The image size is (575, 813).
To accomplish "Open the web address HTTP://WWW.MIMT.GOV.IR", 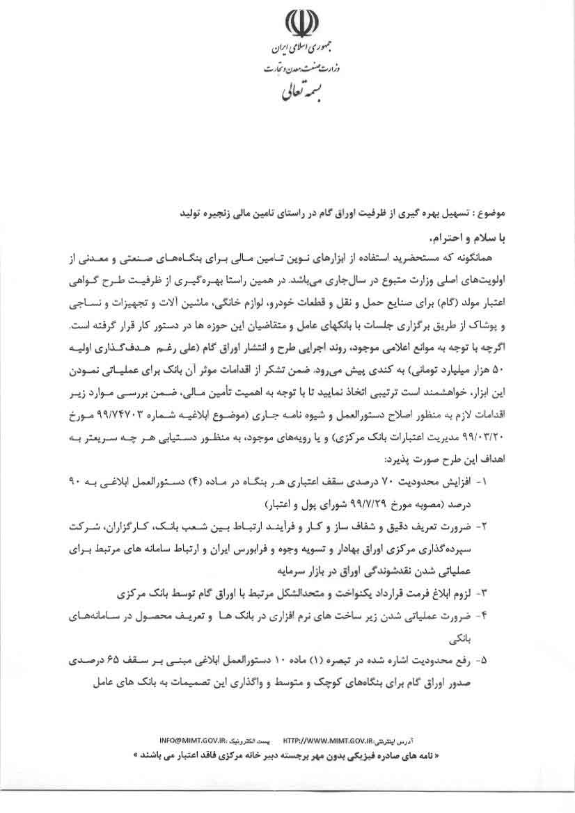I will pos(333,737).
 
